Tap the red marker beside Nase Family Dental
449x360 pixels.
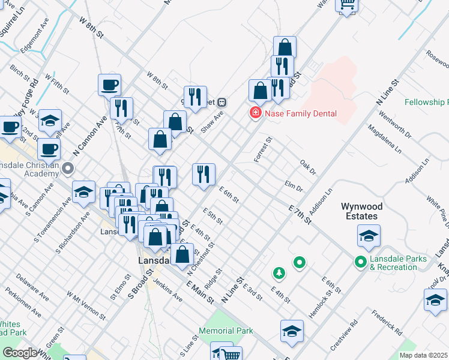coord(256,113)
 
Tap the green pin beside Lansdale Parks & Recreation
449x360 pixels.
coord(360,262)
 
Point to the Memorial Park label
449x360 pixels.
coord(226,331)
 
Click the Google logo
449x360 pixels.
coord(19,353)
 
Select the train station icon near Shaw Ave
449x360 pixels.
coord(221,102)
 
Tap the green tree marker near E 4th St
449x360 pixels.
coord(279,274)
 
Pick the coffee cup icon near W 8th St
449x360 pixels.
coord(110,85)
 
